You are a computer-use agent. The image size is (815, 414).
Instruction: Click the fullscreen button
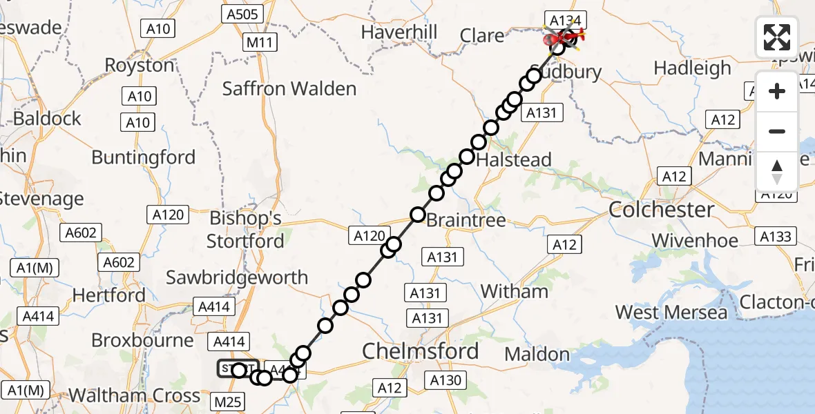tap(777, 37)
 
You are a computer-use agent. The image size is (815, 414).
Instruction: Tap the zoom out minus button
tap(777, 131)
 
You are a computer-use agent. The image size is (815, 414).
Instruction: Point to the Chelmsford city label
tap(421, 351)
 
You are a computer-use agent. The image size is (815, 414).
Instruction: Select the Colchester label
tap(661, 210)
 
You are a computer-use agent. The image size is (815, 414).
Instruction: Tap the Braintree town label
tap(466, 221)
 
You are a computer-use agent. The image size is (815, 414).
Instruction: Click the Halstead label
tap(515, 160)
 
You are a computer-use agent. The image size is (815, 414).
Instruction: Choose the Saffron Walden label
tap(289, 88)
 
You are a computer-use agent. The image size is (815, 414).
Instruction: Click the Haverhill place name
tap(399, 32)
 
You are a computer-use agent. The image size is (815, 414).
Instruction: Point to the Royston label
tap(140, 66)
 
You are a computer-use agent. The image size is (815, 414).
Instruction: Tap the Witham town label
tap(514, 291)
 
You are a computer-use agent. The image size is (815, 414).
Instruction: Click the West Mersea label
tap(671, 313)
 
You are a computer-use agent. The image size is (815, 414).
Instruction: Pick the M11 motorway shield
tap(260, 43)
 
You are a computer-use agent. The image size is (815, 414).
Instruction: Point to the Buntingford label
tap(144, 157)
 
